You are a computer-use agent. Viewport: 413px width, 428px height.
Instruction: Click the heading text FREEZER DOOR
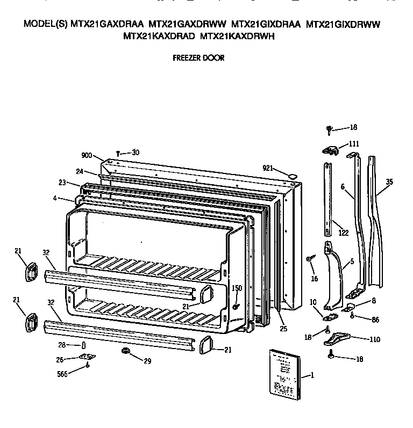coord(198,57)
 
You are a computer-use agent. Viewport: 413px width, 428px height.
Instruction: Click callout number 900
coord(87,155)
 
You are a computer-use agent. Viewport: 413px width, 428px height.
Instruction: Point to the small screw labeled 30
coord(117,154)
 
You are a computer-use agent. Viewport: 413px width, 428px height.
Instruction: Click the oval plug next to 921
coord(292,175)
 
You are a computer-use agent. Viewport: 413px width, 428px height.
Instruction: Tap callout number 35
coord(389,182)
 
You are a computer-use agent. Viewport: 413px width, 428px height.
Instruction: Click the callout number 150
coord(237,288)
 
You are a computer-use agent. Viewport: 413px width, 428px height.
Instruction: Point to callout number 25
coord(283,328)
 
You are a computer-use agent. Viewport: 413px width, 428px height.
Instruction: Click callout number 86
coord(374,320)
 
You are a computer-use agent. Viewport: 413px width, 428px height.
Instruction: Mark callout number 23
coord(62,183)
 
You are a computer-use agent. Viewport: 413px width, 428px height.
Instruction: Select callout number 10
coord(312,303)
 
